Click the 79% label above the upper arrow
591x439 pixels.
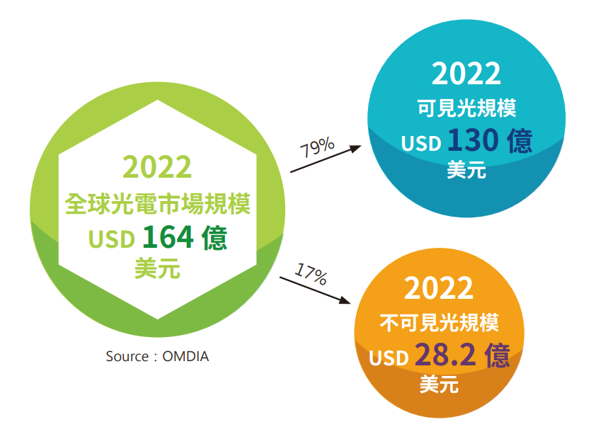click(x=317, y=147)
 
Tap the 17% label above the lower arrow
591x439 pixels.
click(x=311, y=274)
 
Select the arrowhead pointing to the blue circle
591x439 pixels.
click(x=354, y=148)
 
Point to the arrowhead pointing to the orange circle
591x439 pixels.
click(x=344, y=300)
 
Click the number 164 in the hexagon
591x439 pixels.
click(x=168, y=237)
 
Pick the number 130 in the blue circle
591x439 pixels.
click(x=473, y=140)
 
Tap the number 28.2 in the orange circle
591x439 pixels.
click(x=445, y=354)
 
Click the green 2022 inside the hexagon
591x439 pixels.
click(x=157, y=167)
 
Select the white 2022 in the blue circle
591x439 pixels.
click(x=466, y=74)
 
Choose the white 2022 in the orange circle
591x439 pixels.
click(x=438, y=288)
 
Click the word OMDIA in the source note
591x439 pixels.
click(x=185, y=356)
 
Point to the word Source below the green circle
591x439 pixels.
click(x=127, y=356)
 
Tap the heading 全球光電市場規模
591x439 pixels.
click(x=158, y=204)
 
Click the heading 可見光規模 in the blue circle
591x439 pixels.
click(x=466, y=108)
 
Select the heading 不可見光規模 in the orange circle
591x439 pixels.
click(x=439, y=322)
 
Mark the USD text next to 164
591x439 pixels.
click(x=112, y=239)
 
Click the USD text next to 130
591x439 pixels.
click(x=421, y=143)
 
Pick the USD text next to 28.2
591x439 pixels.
click(x=389, y=358)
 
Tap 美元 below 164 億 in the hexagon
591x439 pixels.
click(x=158, y=268)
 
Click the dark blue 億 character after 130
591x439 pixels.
click(x=520, y=140)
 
